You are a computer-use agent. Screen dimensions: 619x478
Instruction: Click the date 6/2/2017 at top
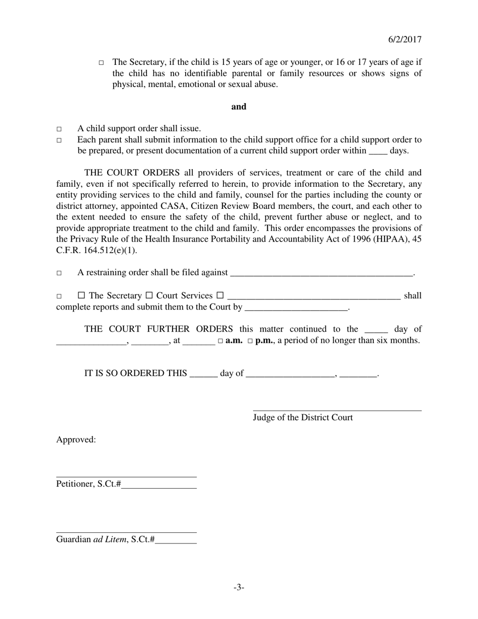(x=405, y=40)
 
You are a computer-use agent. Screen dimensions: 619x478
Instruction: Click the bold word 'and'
(x=238, y=107)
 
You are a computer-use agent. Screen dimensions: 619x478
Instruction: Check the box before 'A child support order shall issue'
(x=59, y=129)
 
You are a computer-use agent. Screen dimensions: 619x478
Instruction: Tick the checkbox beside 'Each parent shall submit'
(x=59, y=140)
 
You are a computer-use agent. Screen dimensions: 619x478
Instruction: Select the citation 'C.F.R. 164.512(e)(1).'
(x=96, y=250)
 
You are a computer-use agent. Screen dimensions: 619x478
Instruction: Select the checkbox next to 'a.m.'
(x=220, y=341)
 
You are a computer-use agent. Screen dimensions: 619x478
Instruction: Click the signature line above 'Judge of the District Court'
(x=337, y=410)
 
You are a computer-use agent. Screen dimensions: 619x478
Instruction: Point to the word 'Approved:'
(x=76, y=440)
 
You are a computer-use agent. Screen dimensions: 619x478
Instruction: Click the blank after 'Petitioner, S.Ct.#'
(x=159, y=486)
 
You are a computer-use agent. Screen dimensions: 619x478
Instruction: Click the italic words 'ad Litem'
(x=110, y=539)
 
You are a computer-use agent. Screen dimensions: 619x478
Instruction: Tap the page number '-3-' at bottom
(x=238, y=587)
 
